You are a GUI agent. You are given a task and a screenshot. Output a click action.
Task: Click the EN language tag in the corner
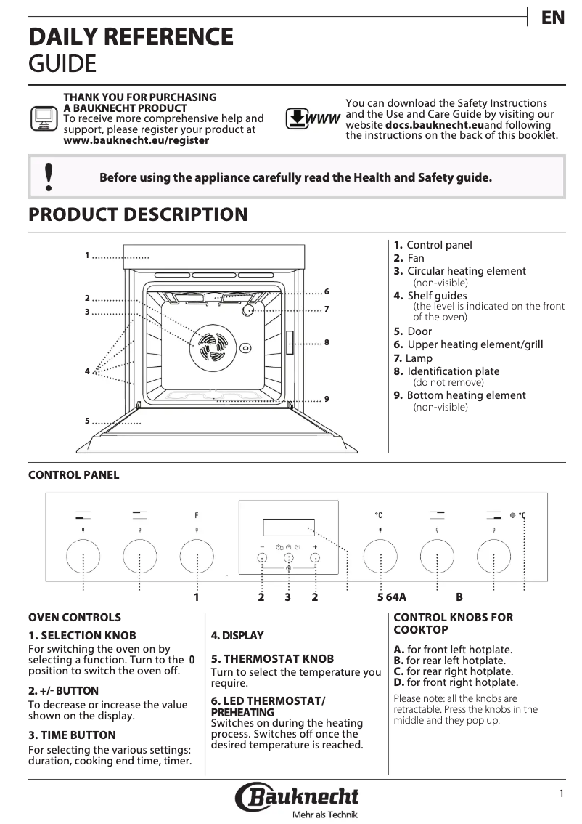pos(553,17)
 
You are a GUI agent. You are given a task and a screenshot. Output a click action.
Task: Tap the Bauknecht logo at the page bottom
pos(297,799)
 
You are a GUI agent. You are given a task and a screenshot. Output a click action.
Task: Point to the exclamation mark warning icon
pos(49,177)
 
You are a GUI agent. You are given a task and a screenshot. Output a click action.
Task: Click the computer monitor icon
pos(44,118)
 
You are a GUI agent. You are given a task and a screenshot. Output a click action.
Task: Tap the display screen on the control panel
pos(289,527)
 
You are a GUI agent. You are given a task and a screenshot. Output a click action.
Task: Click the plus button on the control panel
pos(316,557)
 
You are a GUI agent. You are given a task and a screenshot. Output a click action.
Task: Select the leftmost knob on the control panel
pos(83,557)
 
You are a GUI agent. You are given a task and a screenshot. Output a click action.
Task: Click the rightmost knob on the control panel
pos(494,557)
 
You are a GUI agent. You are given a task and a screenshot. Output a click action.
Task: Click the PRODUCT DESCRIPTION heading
pos(138,215)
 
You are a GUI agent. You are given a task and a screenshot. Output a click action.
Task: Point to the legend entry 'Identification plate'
pos(453,371)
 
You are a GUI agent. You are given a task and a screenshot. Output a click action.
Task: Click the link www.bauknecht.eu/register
pos(136,140)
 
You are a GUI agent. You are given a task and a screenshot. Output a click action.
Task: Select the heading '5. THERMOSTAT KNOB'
pos(272,658)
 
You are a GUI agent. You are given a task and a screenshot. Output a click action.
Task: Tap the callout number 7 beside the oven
pos(327,309)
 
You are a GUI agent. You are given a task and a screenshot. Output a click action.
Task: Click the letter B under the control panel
pos(459,597)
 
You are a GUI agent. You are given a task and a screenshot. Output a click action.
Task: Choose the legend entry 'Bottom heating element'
pos(466,395)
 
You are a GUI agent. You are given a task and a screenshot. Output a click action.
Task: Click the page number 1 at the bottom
pos(561,794)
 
